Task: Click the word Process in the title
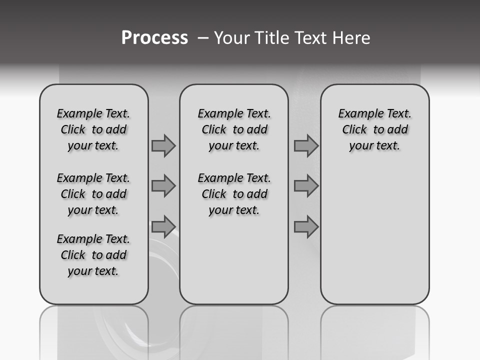click(x=154, y=37)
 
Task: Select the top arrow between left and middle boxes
click(x=163, y=145)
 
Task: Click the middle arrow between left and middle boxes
click(x=163, y=186)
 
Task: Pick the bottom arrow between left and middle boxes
click(x=163, y=226)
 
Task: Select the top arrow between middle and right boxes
click(x=306, y=145)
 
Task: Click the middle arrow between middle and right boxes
click(x=306, y=186)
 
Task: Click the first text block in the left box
click(x=93, y=129)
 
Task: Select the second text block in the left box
click(x=93, y=194)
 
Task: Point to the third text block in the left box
click(x=93, y=255)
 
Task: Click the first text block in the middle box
click(x=234, y=129)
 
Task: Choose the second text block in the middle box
click(x=234, y=194)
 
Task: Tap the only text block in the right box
click(x=374, y=129)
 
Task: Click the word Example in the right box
click(x=358, y=114)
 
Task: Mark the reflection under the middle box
click(x=234, y=330)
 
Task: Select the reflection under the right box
click(x=374, y=330)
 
